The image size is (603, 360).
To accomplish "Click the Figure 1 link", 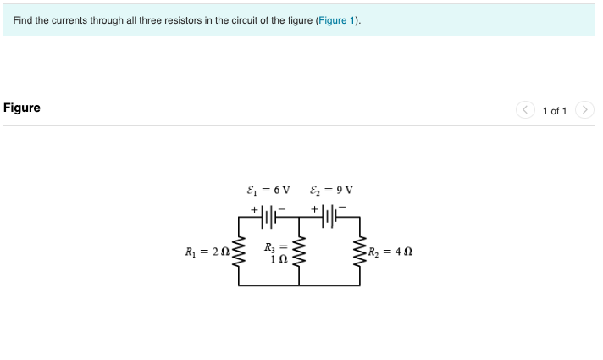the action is pos(337,20).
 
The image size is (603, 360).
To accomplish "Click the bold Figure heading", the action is pos(22,108).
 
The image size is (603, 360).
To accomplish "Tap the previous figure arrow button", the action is pos(526,110).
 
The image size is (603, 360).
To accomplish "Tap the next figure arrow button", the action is pos(584,110).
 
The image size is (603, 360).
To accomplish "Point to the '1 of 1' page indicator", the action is pos(555,111).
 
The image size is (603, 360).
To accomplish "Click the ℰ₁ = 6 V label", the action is pos(267,189).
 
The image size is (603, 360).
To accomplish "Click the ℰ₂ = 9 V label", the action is pos(331,189).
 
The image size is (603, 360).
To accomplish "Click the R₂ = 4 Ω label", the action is pos(390,251).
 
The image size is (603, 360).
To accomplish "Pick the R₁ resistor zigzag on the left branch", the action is pos(239,251).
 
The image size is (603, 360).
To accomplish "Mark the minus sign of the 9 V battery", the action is pos(343,207).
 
